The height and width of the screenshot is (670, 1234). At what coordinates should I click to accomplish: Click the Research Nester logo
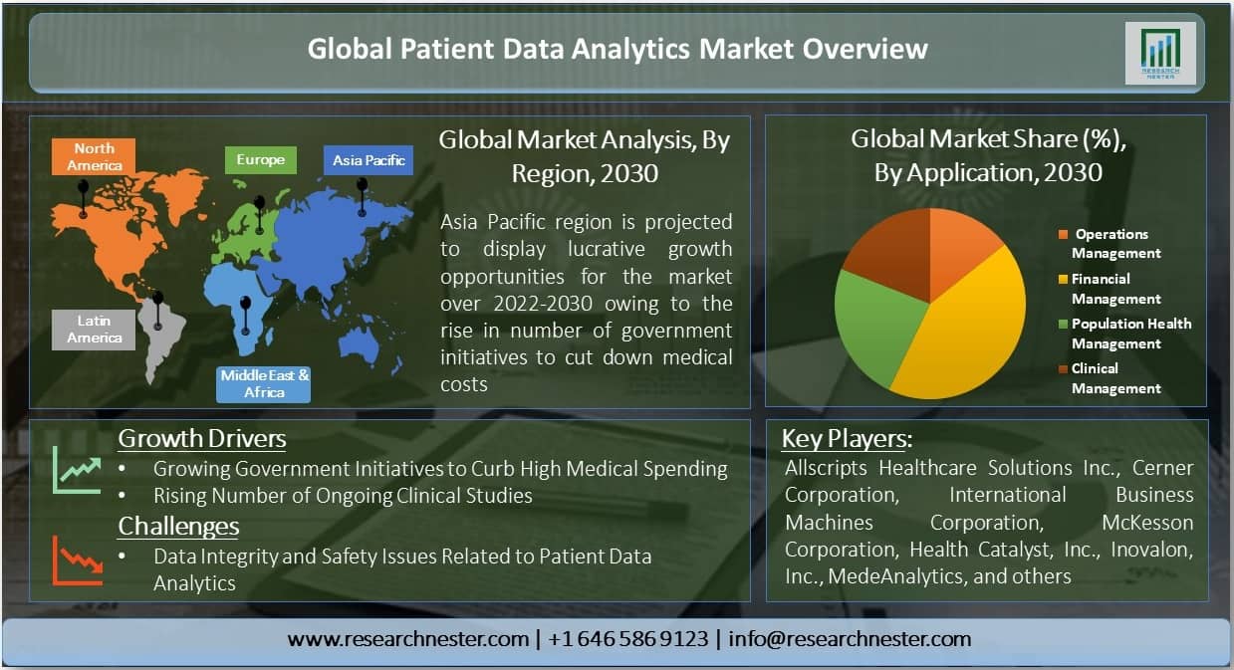1160,54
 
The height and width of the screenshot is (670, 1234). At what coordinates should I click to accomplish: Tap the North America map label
94,157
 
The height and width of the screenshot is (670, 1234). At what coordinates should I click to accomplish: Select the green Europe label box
261,160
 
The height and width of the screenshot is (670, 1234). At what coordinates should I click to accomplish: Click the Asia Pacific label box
369,160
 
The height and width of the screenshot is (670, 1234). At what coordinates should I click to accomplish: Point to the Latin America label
94,330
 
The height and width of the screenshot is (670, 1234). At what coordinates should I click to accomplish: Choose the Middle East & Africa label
263,384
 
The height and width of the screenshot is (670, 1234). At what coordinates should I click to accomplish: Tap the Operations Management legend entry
1111,243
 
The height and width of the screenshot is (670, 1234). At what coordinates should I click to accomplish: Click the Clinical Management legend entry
1111,378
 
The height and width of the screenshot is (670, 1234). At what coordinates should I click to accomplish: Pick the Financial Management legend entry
1111,289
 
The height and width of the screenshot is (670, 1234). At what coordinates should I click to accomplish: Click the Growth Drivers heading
201,439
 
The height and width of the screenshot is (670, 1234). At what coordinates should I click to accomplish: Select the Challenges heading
178,526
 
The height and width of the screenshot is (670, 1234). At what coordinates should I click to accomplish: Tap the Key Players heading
847,439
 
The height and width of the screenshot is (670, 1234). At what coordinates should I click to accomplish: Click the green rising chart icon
77,470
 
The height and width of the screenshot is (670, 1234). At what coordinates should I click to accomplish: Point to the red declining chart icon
78,560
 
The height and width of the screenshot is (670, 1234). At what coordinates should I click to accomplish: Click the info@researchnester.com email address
850,639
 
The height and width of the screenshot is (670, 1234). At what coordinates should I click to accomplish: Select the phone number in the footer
628,639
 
